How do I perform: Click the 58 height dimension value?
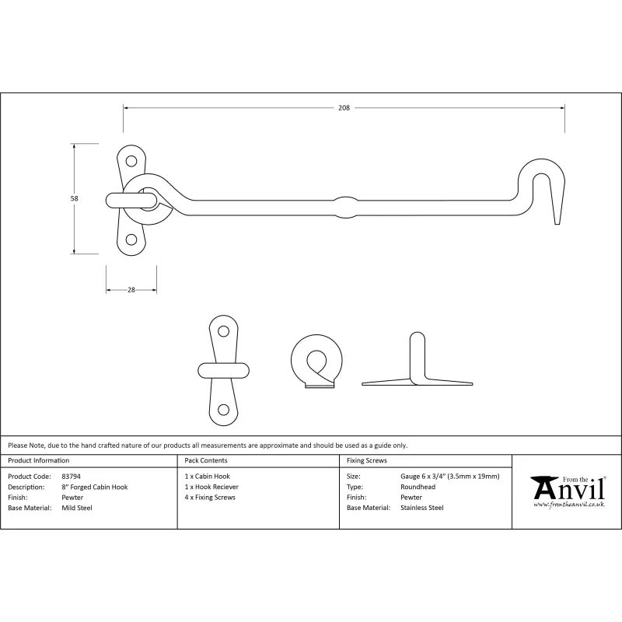pos(75,198)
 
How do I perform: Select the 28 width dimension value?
pos(131,289)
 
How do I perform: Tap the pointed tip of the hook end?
pos(557,223)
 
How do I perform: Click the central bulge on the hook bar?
pos(347,205)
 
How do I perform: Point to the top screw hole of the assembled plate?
pos(131,162)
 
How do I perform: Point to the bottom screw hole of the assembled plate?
pos(131,239)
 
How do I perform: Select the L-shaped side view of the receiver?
pos(418,365)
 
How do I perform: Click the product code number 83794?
pos(70,476)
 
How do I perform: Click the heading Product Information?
pos(38,461)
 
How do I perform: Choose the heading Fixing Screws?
pos(368,461)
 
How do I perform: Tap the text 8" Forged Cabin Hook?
pos(94,487)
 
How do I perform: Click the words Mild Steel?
pos(76,508)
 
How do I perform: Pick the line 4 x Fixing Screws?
pos(210,497)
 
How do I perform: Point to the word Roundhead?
pos(417,487)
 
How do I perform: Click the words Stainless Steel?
pos(421,508)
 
